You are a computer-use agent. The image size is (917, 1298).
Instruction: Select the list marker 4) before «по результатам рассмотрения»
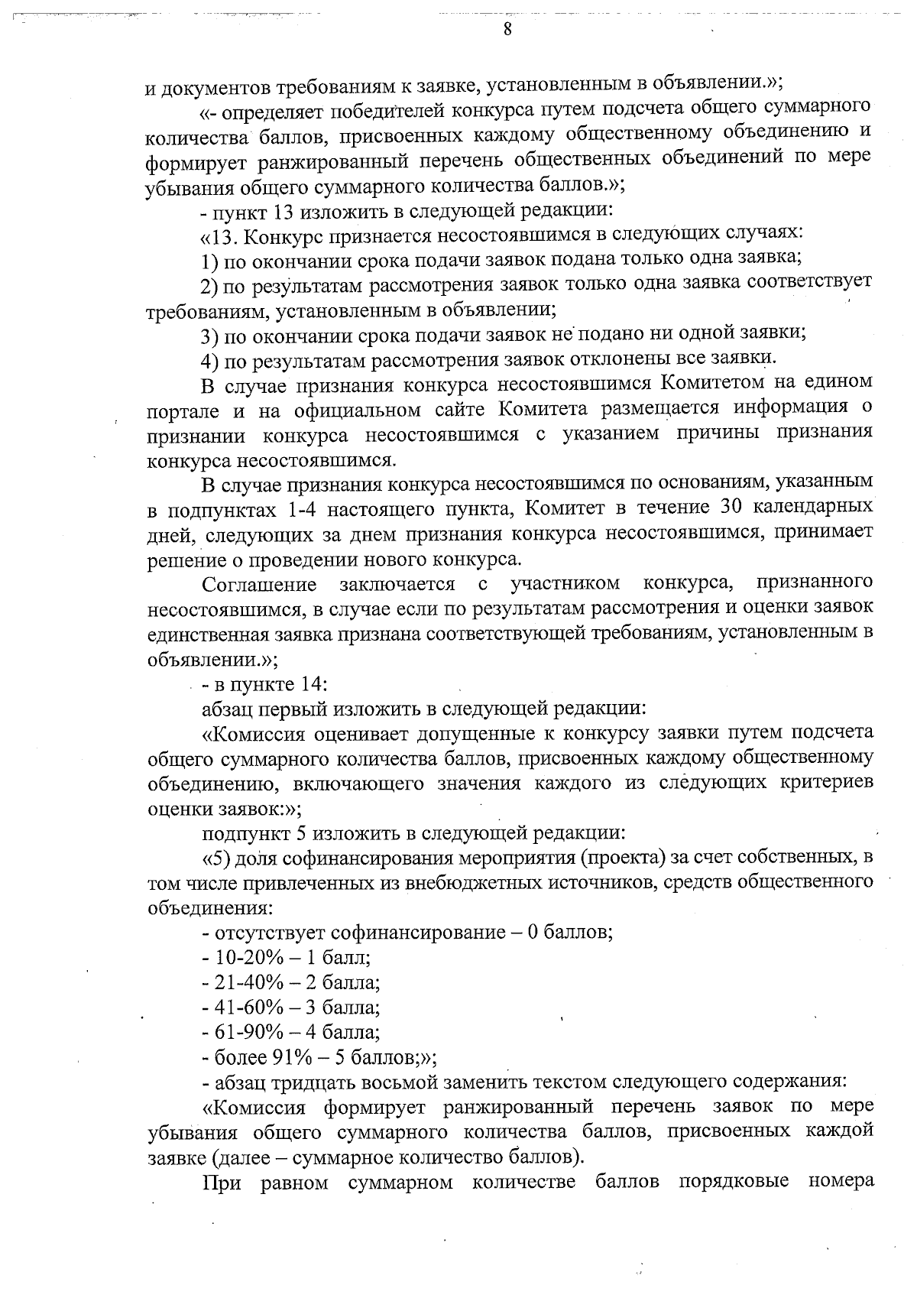point(211,359)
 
